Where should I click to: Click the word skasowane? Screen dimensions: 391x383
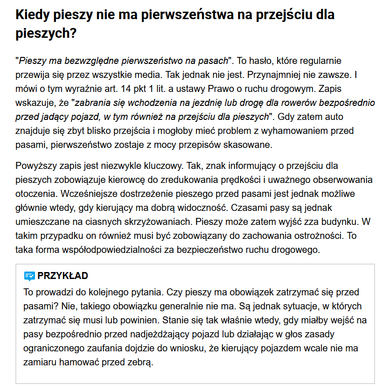coord(251,145)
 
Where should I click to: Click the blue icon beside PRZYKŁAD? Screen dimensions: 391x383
coord(29,276)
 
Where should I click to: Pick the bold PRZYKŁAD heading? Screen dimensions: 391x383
coord(63,276)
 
